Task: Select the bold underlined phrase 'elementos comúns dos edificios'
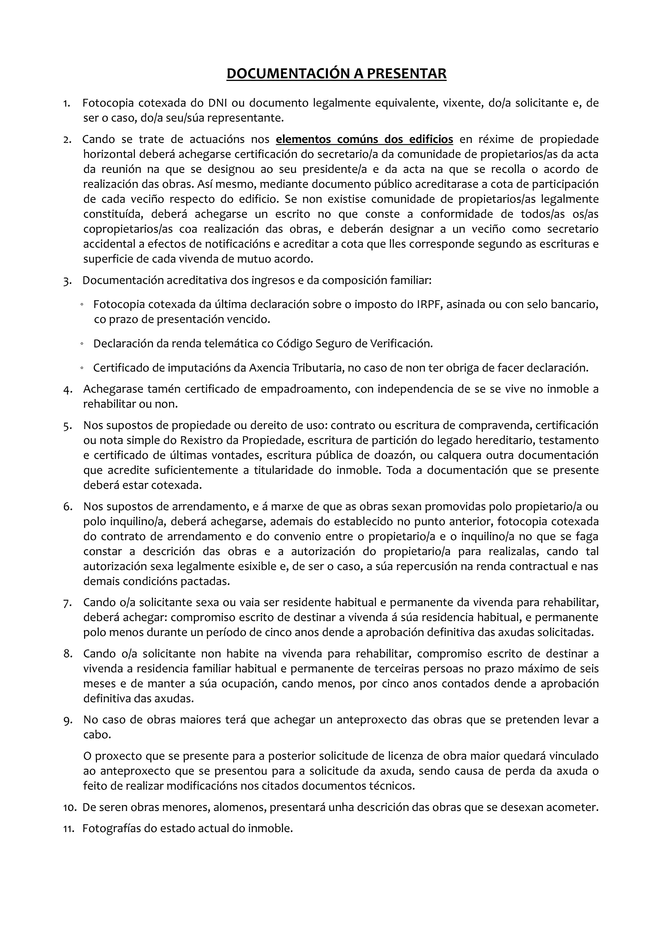[364, 140]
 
